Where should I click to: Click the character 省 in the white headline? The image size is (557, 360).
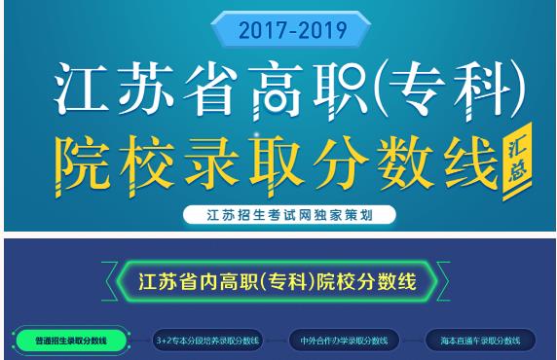[x=216, y=90]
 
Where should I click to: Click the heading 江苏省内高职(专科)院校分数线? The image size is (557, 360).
[x=278, y=283]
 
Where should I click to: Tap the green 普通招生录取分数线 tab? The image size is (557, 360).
[x=69, y=341]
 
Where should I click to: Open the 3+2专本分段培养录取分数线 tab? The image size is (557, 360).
[x=208, y=341]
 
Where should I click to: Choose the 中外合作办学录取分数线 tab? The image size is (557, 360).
[x=346, y=341]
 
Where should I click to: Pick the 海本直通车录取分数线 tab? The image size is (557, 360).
[x=481, y=341]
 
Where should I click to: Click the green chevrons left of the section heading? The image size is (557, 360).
[x=110, y=284]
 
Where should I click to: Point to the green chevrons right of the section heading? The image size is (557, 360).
[x=444, y=284]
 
